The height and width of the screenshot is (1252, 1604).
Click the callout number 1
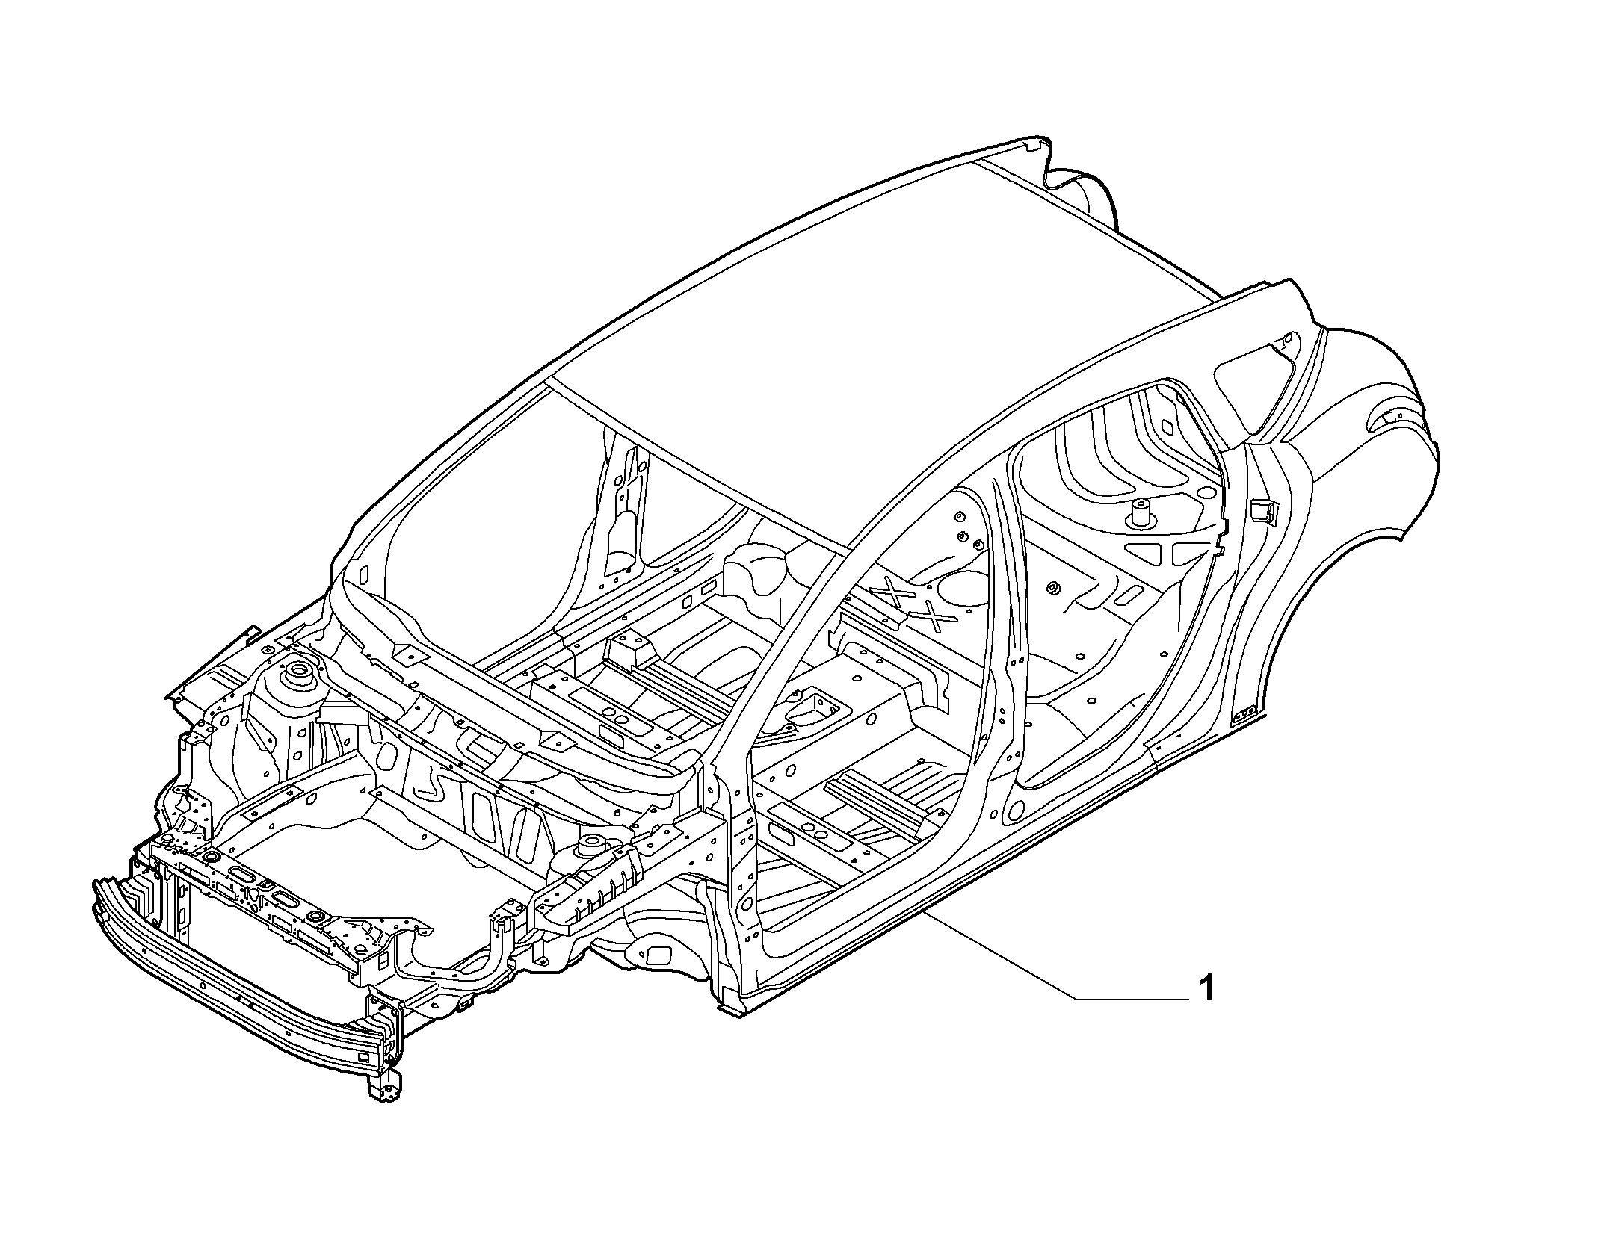[x=1206, y=988]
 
